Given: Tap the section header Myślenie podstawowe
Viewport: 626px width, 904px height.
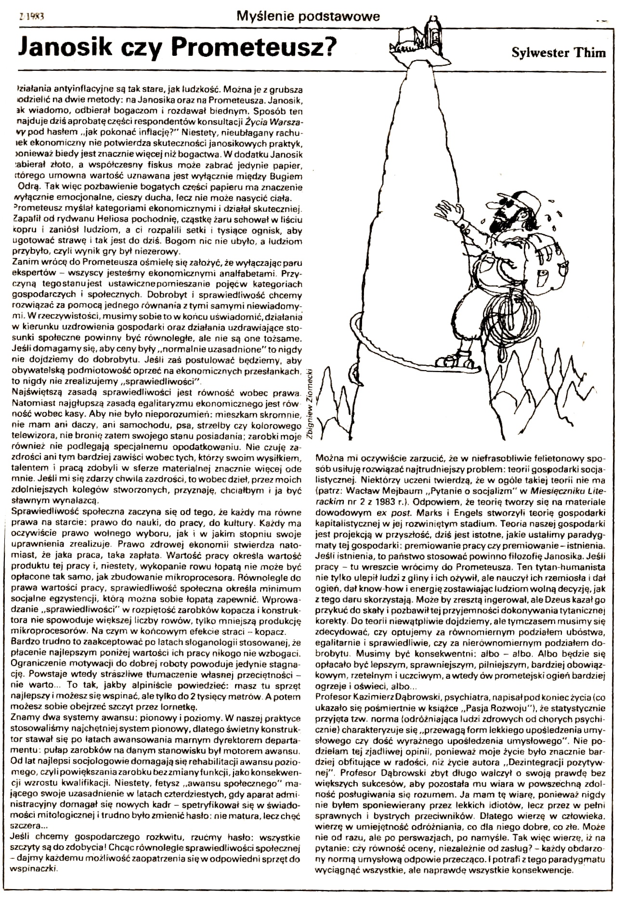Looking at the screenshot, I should [308, 17].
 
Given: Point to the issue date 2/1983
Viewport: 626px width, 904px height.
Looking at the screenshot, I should [30, 15].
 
